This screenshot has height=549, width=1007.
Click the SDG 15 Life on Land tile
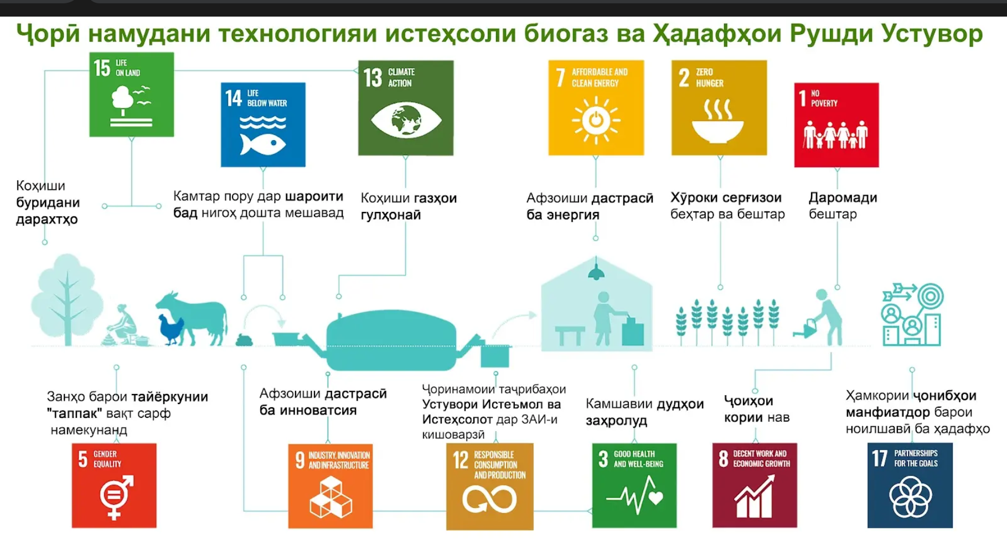point(132,95)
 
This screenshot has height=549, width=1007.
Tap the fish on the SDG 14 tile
point(262,144)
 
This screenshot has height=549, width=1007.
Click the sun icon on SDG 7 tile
point(596,120)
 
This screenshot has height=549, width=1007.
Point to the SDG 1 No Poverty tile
point(836,125)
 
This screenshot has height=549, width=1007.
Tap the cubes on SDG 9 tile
point(331,498)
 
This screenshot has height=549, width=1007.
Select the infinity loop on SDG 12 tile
point(489,500)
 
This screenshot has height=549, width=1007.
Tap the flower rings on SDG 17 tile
point(910,498)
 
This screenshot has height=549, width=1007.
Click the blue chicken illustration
point(171,329)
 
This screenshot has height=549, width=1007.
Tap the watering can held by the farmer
point(804,328)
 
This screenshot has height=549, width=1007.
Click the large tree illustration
point(67,299)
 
